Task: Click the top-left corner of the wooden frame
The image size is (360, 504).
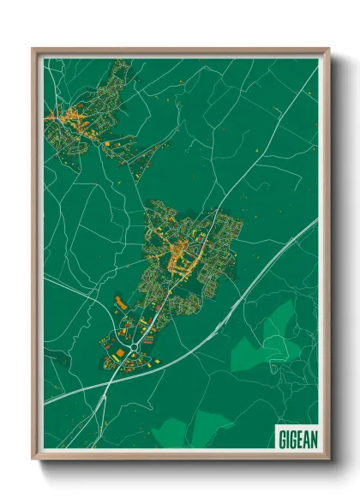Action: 33,49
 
